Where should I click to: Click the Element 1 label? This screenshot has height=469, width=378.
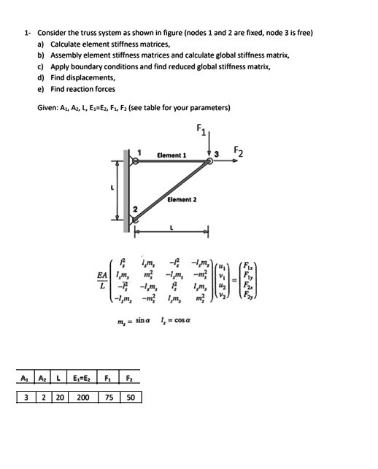click(x=171, y=155)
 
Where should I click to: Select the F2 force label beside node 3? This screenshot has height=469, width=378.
click(x=239, y=152)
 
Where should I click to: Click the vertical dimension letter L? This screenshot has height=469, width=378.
click(x=112, y=189)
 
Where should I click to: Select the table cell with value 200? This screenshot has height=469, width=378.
click(x=83, y=398)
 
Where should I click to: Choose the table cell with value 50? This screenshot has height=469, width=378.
click(x=131, y=398)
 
